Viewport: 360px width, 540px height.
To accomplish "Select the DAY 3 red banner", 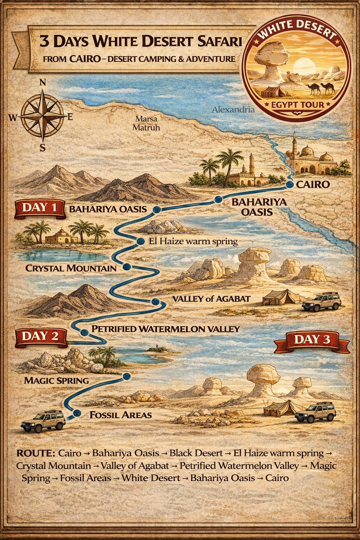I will (x=312, y=340).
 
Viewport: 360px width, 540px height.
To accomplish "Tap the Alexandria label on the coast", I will (x=233, y=110).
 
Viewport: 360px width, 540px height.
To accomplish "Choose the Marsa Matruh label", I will (x=146, y=123).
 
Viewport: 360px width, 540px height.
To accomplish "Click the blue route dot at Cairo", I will (x=290, y=185).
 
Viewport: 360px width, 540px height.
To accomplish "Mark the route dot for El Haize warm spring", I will (x=140, y=241).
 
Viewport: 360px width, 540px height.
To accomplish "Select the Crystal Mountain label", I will (x=71, y=269).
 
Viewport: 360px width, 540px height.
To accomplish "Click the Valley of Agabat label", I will (x=211, y=299).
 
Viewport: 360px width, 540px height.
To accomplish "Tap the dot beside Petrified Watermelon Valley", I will (x=84, y=332).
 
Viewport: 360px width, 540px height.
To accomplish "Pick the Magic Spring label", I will (x=56, y=381).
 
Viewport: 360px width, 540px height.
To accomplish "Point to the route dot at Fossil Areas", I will (x=77, y=413).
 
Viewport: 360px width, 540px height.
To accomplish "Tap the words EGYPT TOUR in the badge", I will (x=297, y=105).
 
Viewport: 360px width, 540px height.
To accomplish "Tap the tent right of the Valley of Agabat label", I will (x=279, y=297).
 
